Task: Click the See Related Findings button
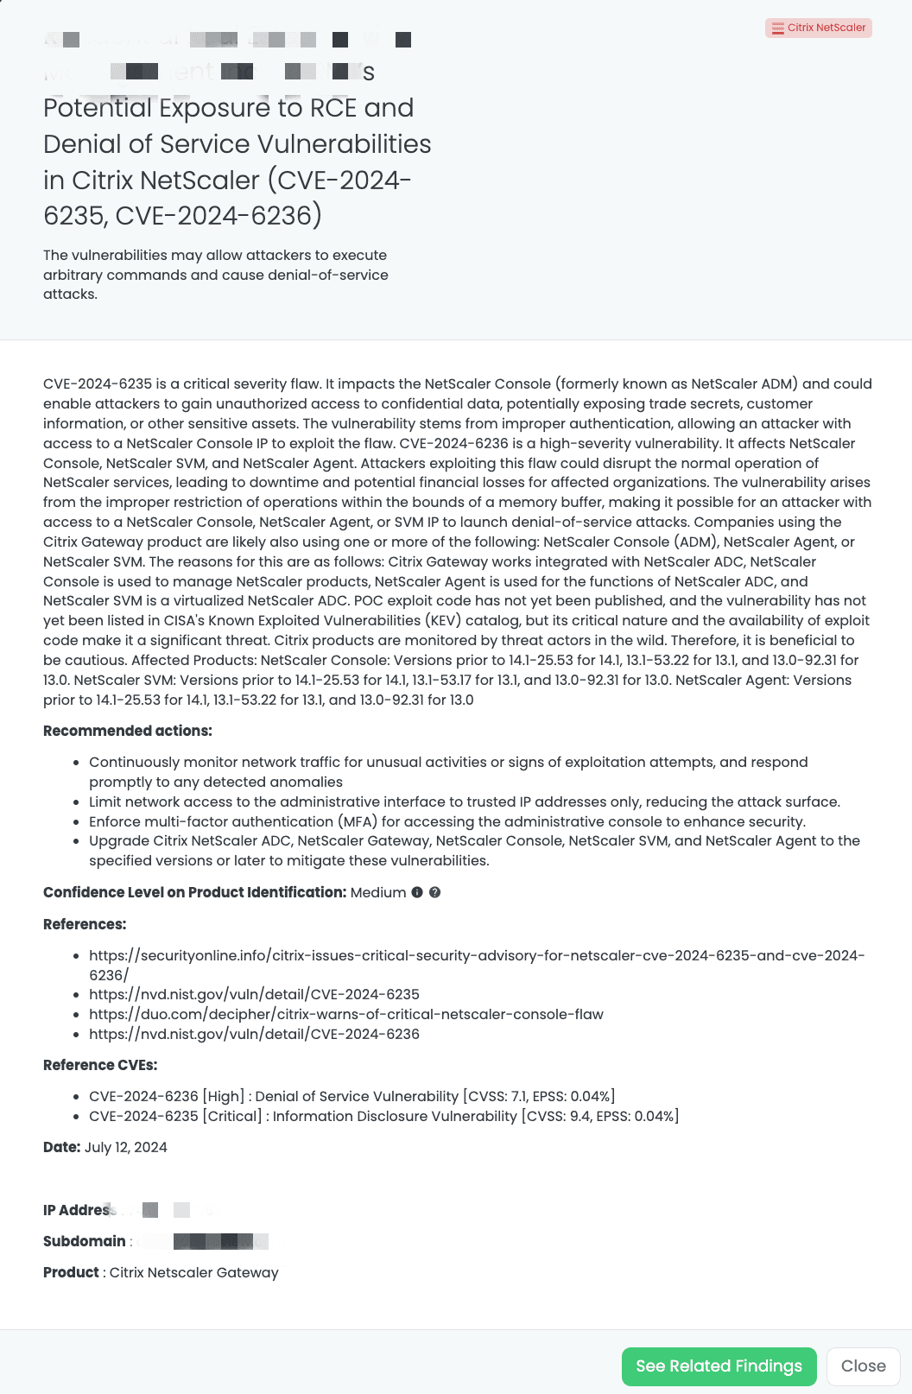click(719, 1366)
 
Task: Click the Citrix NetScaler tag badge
click(819, 28)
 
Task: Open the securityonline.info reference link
click(476, 956)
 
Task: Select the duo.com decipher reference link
click(345, 1014)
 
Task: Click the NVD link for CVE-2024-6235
click(254, 994)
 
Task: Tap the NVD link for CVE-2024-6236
click(254, 1034)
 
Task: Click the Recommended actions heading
click(127, 731)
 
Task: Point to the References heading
click(85, 924)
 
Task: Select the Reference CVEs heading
click(100, 1065)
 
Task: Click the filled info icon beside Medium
click(417, 892)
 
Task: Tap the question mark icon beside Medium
click(435, 892)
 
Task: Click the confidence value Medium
click(378, 892)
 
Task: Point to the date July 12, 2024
click(126, 1147)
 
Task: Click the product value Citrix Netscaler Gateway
click(193, 1272)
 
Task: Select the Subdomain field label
click(85, 1241)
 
